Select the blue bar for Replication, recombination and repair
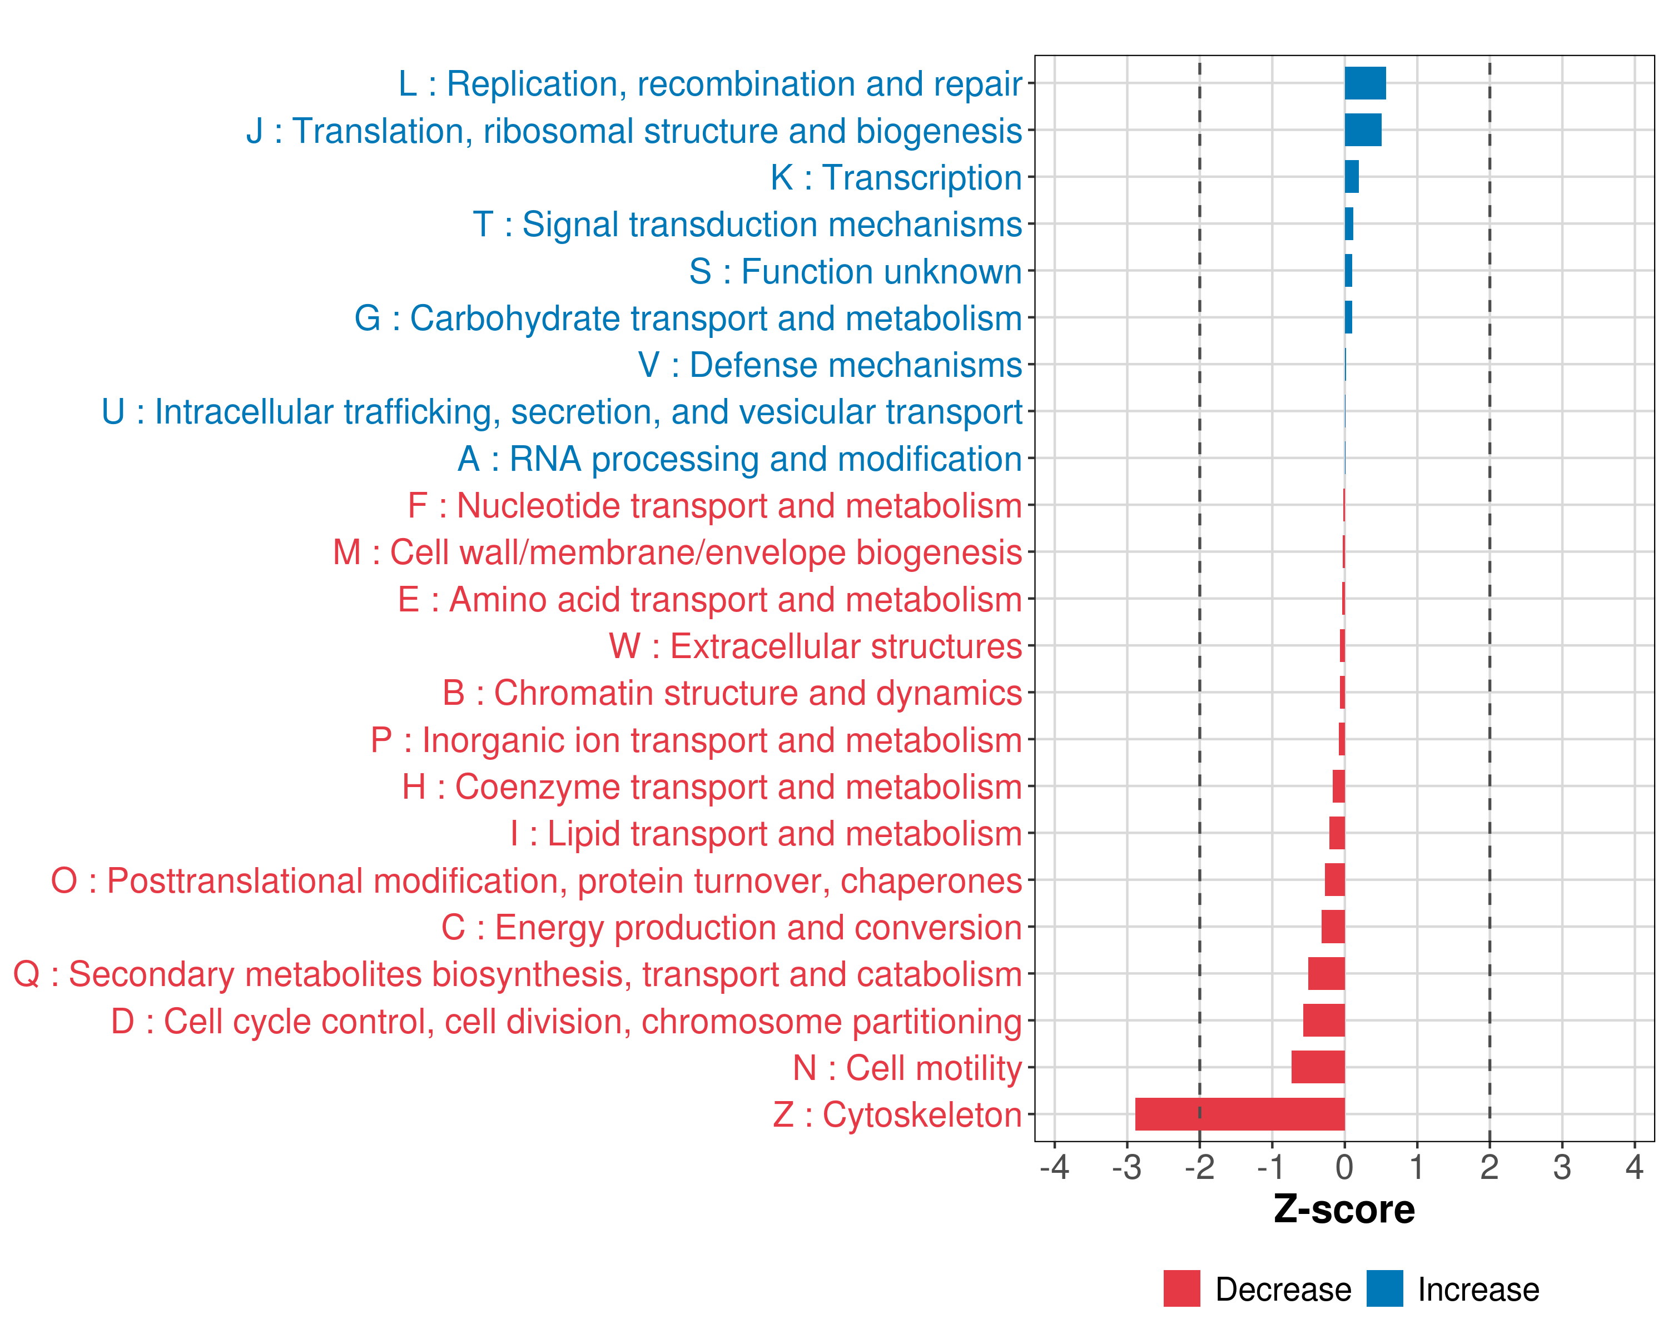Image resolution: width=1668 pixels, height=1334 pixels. (x=1365, y=83)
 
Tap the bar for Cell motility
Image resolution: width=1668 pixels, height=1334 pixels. (x=1318, y=1067)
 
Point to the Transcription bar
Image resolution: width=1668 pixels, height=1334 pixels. (x=1352, y=177)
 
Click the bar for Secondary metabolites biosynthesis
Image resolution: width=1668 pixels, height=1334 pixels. (x=1326, y=974)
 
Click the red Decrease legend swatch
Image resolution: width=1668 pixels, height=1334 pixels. (x=1181, y=1288)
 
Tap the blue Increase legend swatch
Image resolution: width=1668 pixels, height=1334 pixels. (x=1384, y=1288)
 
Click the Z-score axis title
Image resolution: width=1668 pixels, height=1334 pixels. (x=1344, y=1209)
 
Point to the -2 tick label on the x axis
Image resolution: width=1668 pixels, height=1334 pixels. (x=1199, y=1167)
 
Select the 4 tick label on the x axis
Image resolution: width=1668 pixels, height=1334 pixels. (x=1634, y=1167)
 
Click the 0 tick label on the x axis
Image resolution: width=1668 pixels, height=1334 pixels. (x=1344, y=1167)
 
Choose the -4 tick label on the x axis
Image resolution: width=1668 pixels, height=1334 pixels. (x=1055, y=1167)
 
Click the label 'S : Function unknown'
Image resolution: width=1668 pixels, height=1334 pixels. (x=856, y=271)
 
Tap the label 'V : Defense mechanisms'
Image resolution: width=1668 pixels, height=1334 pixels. (x=830, y=365)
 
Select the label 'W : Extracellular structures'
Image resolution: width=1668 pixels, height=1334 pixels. (x=816, y=646)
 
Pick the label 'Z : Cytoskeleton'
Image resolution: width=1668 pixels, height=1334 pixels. (x=897, y=1114)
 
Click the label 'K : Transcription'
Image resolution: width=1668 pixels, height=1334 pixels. (x=896, y=178)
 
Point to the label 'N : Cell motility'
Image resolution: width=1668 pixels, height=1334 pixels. (x=907, y=1068)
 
